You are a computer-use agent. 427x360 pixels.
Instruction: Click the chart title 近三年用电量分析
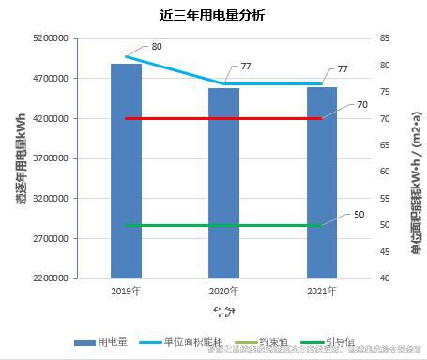pyautogui.click(x=212, y=16)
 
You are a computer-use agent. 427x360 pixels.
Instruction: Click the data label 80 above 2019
pyautogui.click(x=156, y=47)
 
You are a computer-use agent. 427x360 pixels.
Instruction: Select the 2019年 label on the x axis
pyautogui.click(x=126, y=291)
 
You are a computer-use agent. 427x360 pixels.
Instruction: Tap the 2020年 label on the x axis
pyautogui.click(x=223, y=291)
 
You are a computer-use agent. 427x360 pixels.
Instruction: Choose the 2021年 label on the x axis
pyautogui.click(x=321, y=291)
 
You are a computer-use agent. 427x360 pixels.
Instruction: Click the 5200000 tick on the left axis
pyautogui.click(x=49, y=39)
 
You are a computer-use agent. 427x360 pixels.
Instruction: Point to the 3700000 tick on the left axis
pyautogui.click(x=49, y=158)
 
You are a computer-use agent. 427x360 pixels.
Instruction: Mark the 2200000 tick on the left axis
pyautogui.click(x=49, y=278)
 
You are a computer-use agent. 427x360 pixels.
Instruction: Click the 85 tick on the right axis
pyautogui.click(x=385, y=39)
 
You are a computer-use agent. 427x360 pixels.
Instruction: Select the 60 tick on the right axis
pyautogui.click(x=385, y=172)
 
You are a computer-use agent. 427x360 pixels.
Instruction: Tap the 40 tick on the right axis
pyautogui.click(x=385, y=278)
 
